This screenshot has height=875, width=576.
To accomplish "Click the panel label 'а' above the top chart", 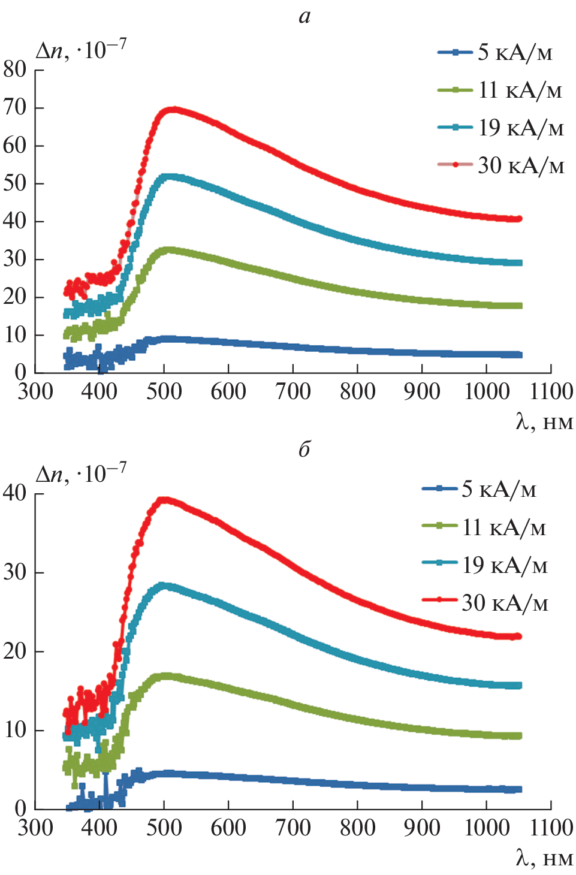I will point(304,16).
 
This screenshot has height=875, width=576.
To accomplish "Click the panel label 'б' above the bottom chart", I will point(304,449).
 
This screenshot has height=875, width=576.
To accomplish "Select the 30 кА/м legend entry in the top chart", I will point(501,165).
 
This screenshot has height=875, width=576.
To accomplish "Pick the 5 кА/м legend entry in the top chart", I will point(495,53).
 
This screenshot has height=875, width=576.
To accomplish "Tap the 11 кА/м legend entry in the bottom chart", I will point(484,527).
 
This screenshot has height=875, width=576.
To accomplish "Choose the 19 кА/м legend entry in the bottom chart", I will point(484,565).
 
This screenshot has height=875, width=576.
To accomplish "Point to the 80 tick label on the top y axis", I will point(15,70).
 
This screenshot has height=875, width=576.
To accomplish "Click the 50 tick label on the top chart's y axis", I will point(15,183).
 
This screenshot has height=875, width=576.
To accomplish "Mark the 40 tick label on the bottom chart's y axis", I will point(15,493).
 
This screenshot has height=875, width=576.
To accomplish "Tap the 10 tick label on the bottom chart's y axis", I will point(15,729).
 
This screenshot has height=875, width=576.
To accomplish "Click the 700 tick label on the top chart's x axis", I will point(293,392).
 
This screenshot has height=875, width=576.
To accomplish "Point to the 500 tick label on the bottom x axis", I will point(164,828).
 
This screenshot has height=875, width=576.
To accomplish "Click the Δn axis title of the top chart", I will point(81,50).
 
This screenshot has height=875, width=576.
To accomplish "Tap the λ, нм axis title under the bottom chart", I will point(544,858).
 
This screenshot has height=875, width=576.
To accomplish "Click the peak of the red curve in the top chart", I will point(174,110).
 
